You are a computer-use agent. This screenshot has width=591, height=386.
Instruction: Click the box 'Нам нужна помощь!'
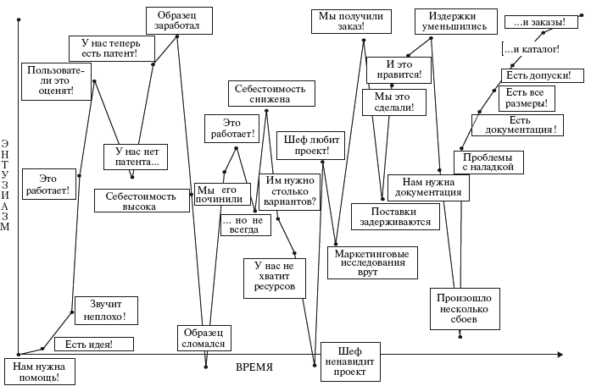(x=39, y=372)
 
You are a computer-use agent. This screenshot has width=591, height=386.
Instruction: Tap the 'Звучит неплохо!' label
(x=104, y=311)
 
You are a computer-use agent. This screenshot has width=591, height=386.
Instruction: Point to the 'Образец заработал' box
(x=178, y=19)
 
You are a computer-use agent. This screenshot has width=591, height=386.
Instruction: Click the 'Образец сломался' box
(x=204, y=338)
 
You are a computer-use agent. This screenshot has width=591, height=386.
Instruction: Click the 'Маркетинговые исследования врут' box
(x=372, y=262)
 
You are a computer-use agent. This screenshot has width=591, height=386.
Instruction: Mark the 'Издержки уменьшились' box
(x=457, y=21)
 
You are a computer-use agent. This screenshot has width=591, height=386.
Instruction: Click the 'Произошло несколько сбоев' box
(x=463, y=309)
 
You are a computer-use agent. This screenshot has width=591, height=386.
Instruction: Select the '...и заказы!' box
(x=535, y=22)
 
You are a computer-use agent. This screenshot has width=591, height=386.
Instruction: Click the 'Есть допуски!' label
(x=538, y=75)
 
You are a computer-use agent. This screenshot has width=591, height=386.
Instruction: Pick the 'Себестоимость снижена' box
(x=270, y=93)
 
